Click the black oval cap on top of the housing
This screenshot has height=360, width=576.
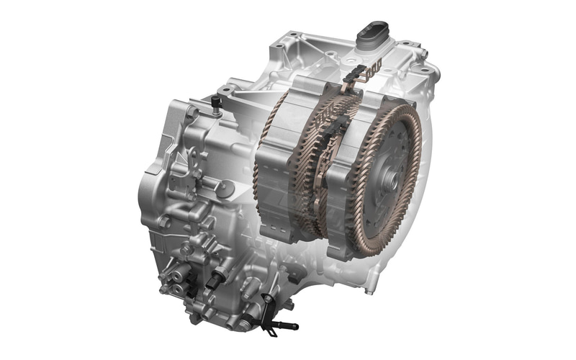[372, 32]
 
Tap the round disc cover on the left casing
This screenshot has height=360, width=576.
[225, 189]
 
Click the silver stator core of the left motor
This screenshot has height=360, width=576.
[277, 173]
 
